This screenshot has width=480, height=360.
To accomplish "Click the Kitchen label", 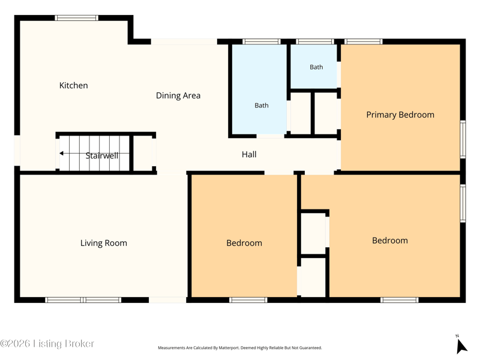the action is click(x=73, y=85).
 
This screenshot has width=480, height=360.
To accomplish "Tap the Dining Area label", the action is click(x=178, y=95).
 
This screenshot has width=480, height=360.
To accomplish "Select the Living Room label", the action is click(x=104, y=243).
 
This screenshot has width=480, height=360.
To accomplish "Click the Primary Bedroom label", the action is click(x=400, y=115).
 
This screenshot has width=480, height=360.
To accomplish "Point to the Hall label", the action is click(x=249, y=154).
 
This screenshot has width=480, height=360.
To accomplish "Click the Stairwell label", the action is click(x=102, y=156).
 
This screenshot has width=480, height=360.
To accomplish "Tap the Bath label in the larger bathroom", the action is click(x=262, y=106).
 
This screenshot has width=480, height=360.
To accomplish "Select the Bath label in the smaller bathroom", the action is click(x=316, y=67).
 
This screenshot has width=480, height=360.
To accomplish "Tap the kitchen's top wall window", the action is click(x=77, y=18).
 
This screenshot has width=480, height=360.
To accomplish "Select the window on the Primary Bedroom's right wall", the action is click(x=463, y=139).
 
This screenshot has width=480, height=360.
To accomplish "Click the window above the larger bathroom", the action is click(x=262, y=41).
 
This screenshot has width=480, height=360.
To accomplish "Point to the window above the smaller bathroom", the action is click(x=315, y=41).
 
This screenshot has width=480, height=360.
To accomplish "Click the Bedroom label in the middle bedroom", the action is click(x=244, y=243).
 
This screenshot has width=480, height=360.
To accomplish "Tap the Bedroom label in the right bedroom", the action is click(x=390, y=241).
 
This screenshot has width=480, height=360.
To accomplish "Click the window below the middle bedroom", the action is click(x=248, y=300).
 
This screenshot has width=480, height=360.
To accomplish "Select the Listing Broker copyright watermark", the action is click(x=47, y=343).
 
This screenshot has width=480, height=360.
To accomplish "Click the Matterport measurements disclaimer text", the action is click(x=240, y=348).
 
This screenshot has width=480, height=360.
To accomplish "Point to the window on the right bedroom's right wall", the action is click(x=463, y=203).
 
